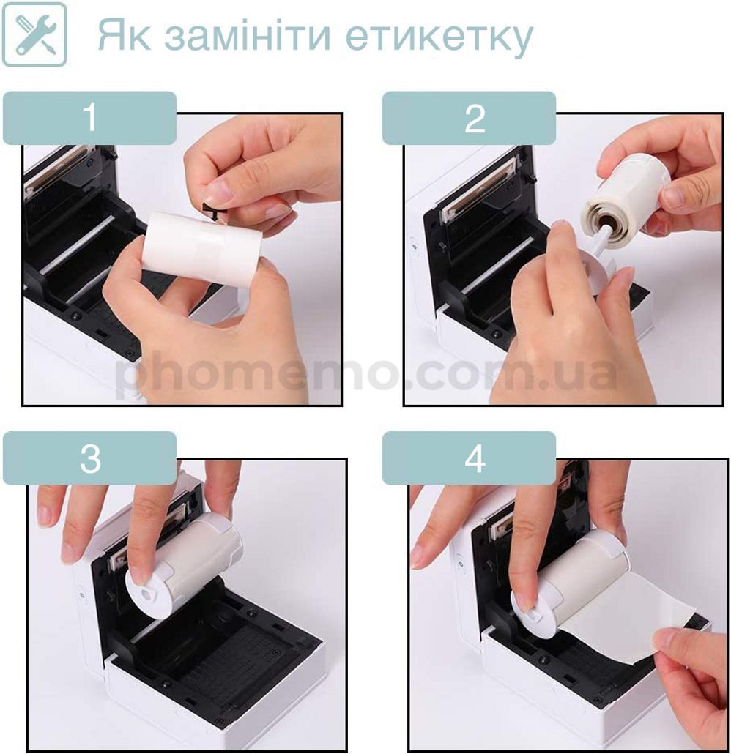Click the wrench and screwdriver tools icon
[34, 34]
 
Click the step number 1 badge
[90, 119]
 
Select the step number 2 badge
[470, 119]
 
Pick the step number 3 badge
[90, 458]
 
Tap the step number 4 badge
[470, 458]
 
